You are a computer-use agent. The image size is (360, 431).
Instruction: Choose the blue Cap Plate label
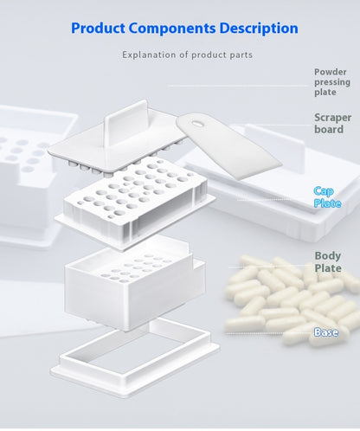click(326, 197)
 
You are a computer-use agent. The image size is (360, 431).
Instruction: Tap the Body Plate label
click(328, 262)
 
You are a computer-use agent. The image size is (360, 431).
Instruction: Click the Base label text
click(326, 331)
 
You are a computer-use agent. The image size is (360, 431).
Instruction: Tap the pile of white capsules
click(286, 299)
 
